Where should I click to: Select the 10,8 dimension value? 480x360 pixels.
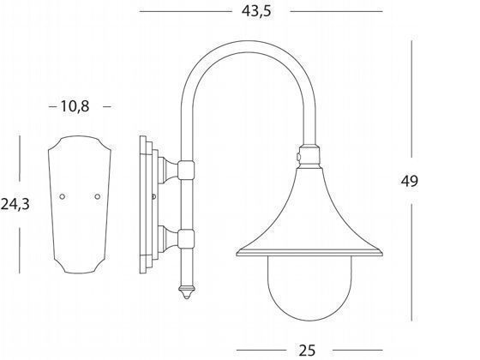[75, 106]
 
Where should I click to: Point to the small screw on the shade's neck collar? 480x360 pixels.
[297, 157]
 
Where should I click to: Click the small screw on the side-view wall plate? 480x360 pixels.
[153, 198]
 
